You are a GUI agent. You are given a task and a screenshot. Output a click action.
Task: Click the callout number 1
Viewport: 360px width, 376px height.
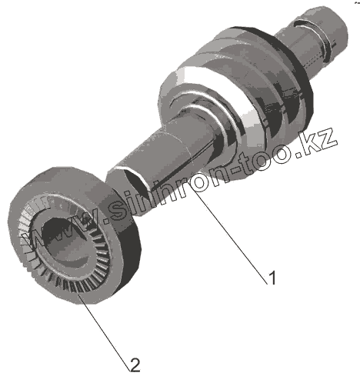pyautogui.click(x=272, y=278)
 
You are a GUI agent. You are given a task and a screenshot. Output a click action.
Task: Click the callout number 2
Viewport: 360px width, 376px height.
pyautogui.click(x=135, y=365)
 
